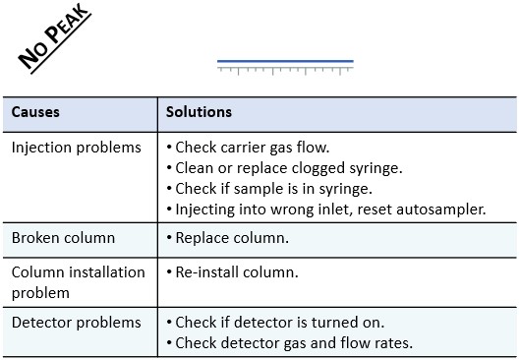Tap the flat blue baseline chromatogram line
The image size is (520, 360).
click(x=285, y=61)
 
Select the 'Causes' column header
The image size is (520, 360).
click(x=35, y=112)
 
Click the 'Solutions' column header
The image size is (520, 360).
click(x=199, y=112)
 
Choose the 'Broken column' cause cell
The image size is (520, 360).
click(x=63, y=238)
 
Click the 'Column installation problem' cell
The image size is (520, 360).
click(x=78, y=281)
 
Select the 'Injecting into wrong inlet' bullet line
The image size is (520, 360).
click(x=325, y=210)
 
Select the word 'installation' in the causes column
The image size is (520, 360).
click(x=107, y=271)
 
